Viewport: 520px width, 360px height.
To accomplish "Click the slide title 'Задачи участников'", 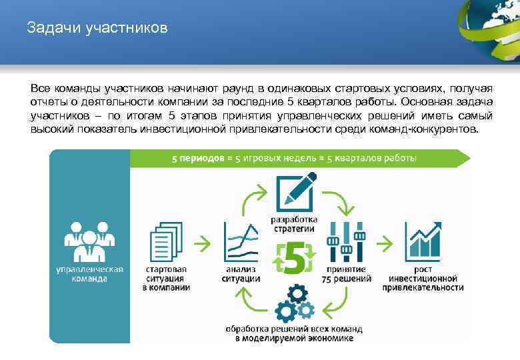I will click(97, 29).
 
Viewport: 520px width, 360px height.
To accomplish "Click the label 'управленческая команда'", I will click(89, 273).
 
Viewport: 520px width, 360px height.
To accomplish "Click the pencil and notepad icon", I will click(294, 192).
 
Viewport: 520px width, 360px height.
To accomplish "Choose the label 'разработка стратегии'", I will click(293, 225).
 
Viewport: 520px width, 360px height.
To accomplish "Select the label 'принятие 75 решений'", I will click(345, 273).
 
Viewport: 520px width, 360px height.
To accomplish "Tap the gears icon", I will click(294, 303).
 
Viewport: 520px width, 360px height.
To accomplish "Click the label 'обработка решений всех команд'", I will click(294, 329).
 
